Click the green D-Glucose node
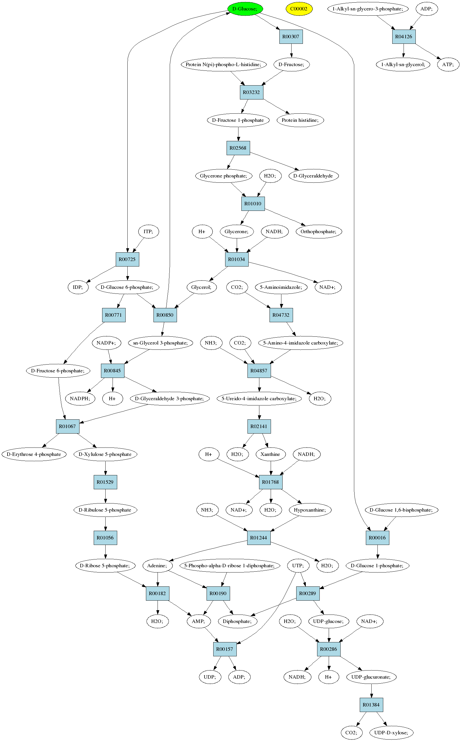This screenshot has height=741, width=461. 245,9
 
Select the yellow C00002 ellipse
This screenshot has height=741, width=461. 299,9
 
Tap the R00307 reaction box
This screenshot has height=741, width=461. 291,37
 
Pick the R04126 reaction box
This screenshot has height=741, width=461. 404,37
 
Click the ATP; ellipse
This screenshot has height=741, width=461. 448,64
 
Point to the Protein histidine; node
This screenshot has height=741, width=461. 300,120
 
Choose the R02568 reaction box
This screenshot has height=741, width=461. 238,148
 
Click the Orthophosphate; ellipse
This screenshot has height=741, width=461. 319,231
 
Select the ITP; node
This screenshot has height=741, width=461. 148,231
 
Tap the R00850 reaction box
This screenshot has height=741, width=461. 165,315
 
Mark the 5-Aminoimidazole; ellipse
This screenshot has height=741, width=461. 281,287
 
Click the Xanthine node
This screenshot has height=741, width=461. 270,454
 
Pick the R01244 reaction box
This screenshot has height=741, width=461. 258,538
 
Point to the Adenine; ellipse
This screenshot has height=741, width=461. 157,566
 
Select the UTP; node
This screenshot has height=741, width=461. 298,566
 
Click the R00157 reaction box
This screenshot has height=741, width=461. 225,649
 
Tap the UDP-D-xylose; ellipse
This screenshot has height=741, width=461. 391,733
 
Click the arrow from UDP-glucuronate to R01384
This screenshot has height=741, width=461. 371,691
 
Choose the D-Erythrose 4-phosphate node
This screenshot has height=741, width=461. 34,454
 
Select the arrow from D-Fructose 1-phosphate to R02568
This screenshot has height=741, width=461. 238,134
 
